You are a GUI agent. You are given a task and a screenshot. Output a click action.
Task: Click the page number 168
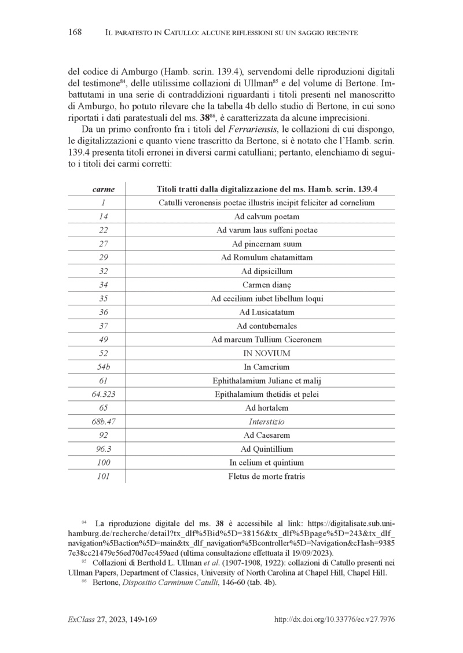pyautogui.click(x=74, y=32)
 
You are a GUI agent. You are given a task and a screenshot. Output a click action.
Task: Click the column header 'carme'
pyautogui.click(x=104, y=189)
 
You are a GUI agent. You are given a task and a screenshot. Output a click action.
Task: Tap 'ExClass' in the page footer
pyautogui.click(x=80, y=619)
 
